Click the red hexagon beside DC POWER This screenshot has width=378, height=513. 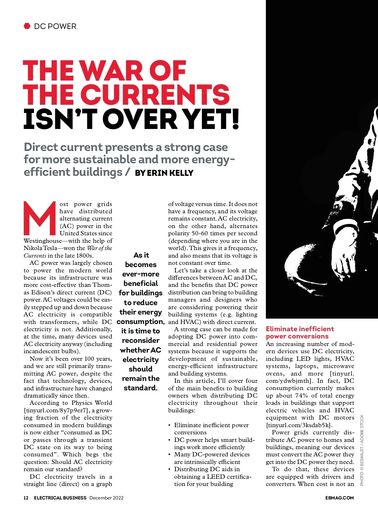(x=27, y=26)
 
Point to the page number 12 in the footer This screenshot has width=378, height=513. (x=26, y=498)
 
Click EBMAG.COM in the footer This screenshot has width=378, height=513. (x=339, y=498)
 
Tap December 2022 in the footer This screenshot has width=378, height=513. (x=106, y=498)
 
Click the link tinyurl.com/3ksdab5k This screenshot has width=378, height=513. (x=299, y=425)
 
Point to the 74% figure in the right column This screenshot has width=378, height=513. (x=301, y=396)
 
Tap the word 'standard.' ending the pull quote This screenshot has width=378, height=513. (x=140, y=388)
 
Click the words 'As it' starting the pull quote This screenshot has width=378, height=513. (x=141, y=255)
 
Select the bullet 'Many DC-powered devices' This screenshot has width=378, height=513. (x=212, y=454)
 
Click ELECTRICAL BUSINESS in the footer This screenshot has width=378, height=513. (x=60, y=498)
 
